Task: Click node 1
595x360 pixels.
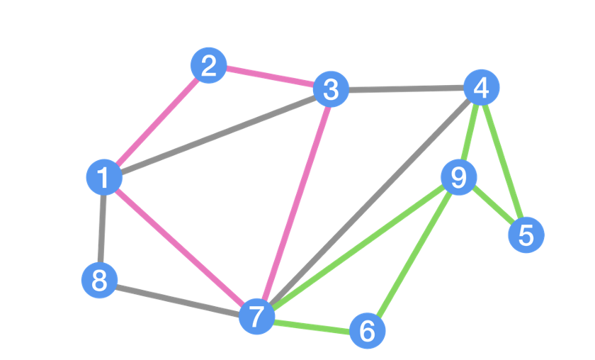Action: (104, 177)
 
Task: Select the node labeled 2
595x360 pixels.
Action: (208, 67)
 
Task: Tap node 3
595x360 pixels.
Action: (330, 90)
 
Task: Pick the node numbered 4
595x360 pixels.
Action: (481, 88)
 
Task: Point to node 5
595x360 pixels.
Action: (526, 235)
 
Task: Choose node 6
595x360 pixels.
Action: (367, 330)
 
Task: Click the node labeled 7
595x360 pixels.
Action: (256, 315)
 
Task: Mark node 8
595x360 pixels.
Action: (99, 281)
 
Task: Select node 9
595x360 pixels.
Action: (458, 177)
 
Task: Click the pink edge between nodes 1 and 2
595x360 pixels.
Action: (156, 122)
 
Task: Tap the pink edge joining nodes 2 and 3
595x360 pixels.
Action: (269, 78)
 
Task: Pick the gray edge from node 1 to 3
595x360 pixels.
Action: (217, 134)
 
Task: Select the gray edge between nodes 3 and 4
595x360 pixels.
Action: (405, 89)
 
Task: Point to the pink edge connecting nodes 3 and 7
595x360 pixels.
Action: (293, 203)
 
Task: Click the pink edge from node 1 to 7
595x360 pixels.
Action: (180, 246)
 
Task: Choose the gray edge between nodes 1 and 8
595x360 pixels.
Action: (102, 229)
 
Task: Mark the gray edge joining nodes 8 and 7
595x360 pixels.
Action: (178, 298)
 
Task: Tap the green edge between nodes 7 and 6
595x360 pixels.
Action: (312, 323)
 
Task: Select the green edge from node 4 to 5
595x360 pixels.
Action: (504, 162)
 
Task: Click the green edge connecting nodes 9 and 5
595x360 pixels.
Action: (492, 206)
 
